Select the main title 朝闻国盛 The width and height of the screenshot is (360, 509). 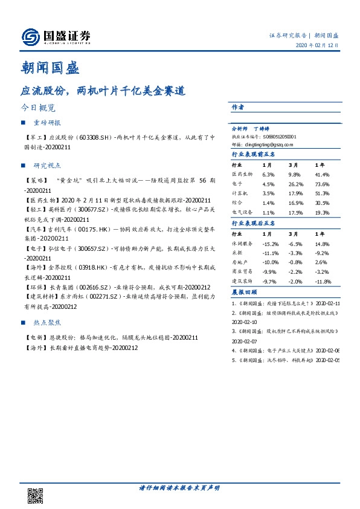pos(48,68)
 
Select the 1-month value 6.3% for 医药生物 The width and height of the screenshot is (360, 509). pos(268,174)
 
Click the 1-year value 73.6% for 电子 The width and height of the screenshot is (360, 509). pos(321,184)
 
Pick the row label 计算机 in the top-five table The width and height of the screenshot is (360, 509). pos(240,193)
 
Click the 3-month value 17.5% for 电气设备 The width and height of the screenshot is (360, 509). pos(295,213)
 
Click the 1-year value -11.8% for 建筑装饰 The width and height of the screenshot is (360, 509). pos(323,282)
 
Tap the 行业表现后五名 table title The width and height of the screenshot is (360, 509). pos(253,223)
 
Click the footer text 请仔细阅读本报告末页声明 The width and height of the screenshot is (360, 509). pos(179,488)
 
